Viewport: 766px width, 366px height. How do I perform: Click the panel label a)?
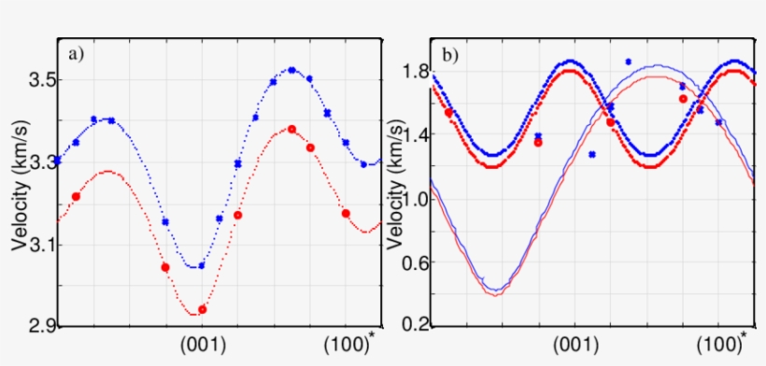76,53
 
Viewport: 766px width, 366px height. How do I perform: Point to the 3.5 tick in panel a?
35,82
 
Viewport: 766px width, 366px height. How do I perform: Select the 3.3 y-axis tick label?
35,163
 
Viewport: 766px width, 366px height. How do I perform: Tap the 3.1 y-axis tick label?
35,245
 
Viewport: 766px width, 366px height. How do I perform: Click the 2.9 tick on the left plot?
35,326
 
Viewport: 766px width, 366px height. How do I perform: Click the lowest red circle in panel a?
203,309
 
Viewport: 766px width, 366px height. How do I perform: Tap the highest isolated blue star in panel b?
629,62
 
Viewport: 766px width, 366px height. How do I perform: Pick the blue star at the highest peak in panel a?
291,70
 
